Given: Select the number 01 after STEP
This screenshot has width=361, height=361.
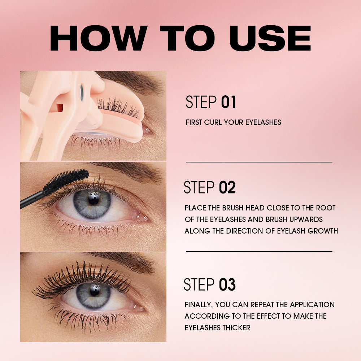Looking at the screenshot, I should pyautogui.click(x=228, y=103).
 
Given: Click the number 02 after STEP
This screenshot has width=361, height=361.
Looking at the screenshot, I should pyautogui.click(x=227, y=188).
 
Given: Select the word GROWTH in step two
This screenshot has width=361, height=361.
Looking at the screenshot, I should pyautogui.click(x=322, y=231).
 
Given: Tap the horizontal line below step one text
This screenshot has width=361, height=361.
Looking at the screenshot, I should pyautogui.click(x=259, y=162).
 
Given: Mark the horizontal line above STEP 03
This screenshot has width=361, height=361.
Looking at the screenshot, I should pyautogui.click(x=259, y=251).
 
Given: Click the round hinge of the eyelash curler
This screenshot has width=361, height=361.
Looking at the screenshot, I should pyautogui.click(x=82, y=92).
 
